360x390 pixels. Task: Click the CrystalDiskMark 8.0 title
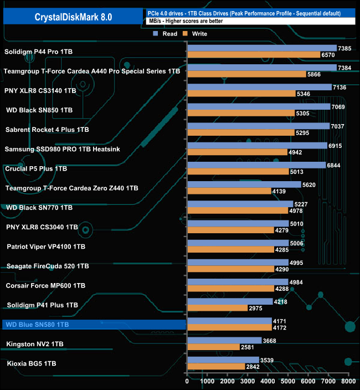(73, 17)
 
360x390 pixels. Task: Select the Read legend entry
(166, 34)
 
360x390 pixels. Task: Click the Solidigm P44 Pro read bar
(262, 48)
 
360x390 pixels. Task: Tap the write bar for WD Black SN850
(241, 114)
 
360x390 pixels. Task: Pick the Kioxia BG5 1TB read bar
(223, 360)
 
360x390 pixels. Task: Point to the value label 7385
(345, 48)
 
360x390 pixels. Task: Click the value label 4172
(280, 327)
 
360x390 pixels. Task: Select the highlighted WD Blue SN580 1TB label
(37, 325)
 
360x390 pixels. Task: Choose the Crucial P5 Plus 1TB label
(35, 168)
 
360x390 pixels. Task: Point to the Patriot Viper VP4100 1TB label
(46, 247)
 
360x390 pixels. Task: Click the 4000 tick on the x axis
(268, 381)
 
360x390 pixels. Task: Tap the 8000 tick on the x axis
(348, 381)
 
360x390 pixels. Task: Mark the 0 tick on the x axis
(188, 381)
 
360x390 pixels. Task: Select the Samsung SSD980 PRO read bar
(257, 146)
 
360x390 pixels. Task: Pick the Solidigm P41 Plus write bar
(218, 308)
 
